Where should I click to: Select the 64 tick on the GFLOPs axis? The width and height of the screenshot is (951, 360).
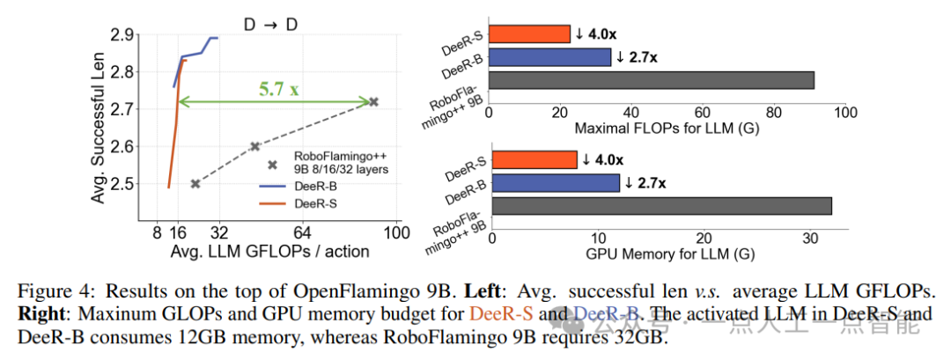[302, 233]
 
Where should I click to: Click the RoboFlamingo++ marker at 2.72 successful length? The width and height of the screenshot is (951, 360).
[373, 102]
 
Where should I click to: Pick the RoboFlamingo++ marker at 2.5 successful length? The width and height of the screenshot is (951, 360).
[195, 183]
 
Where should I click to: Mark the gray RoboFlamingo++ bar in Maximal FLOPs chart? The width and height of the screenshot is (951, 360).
[652, 80]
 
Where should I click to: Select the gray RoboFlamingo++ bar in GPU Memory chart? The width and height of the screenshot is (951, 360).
[661, 206]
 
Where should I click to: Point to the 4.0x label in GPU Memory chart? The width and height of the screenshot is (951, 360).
[603, 159]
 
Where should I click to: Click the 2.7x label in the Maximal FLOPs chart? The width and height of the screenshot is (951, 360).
[637, 57]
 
